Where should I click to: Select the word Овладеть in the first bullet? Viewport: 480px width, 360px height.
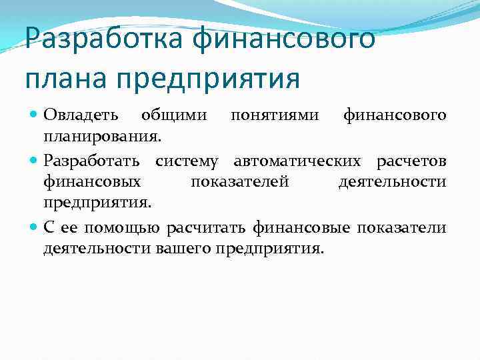coord(81,115)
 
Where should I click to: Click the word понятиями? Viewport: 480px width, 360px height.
coord(267,115)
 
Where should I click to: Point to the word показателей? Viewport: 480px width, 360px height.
coord(239,181)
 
